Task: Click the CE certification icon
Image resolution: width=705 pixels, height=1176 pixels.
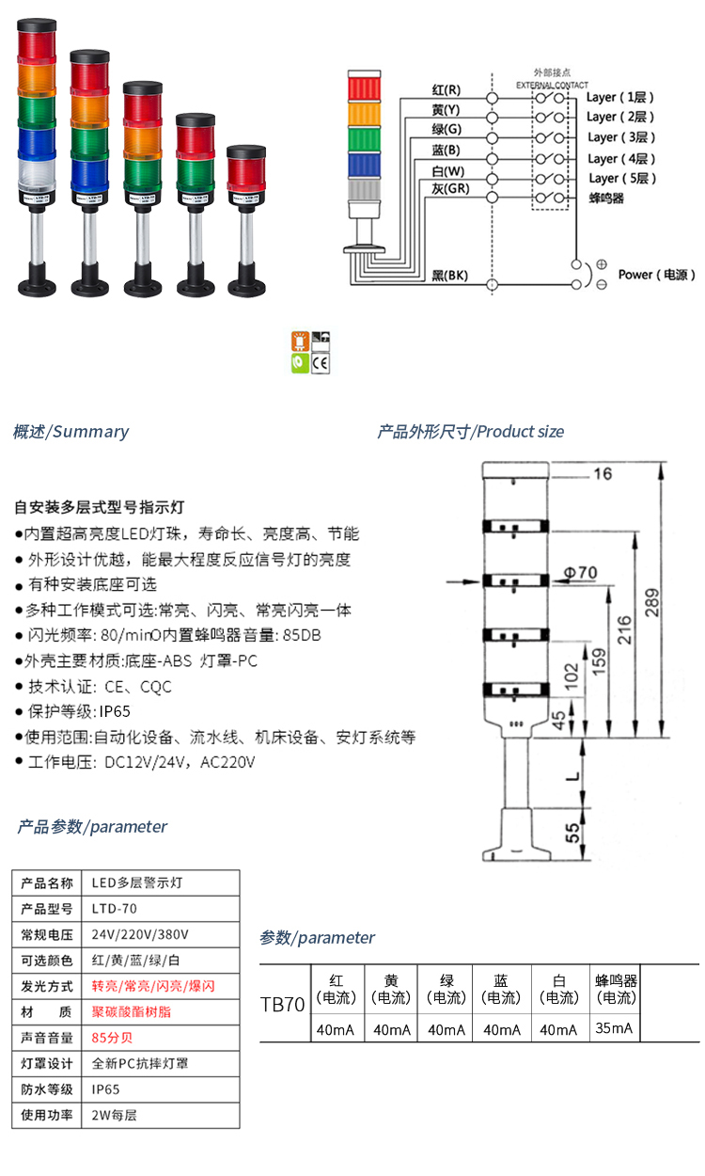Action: (321, 363)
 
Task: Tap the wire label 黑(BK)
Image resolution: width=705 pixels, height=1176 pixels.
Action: (449, 275)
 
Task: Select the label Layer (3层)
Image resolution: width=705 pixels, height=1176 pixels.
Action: (621, 137)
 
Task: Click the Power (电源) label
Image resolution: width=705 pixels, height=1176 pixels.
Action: (656, 275)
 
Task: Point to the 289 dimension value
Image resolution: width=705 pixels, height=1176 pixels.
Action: (652, 603)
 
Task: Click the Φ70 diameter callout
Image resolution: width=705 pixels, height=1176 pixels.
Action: (580, 572)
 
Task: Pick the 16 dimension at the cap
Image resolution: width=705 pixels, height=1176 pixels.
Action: (603, 474)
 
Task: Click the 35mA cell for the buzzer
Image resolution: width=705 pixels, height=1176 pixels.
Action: (614, 1028)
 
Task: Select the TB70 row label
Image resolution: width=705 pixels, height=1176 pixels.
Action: (283, 1005)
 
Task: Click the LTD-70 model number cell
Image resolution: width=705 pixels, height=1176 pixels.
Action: (115, 908)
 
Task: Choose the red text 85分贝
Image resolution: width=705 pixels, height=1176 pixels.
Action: (112, 1038)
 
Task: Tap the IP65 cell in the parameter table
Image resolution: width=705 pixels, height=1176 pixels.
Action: (105, 1089)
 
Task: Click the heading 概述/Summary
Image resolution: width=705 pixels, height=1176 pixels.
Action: (70, 432)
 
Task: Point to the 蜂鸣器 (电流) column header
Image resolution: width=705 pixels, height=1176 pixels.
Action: (617, 989)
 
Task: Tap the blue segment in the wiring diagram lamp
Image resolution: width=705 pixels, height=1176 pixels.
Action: (364, 165)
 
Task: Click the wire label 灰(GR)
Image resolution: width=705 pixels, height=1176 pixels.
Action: (450, 188)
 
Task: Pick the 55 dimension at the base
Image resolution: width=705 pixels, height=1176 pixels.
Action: (572, 833)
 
